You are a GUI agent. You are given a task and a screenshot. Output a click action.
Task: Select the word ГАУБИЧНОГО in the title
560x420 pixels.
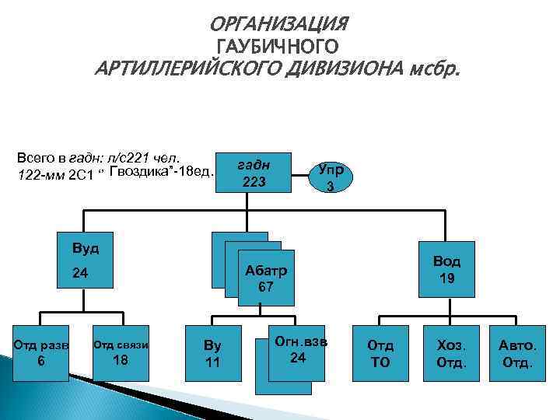279,47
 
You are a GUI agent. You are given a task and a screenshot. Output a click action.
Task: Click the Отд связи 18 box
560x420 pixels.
121,352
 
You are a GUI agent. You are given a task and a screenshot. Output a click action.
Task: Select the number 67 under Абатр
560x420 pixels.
266,287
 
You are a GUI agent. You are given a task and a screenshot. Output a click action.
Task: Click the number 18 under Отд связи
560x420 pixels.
121,360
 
